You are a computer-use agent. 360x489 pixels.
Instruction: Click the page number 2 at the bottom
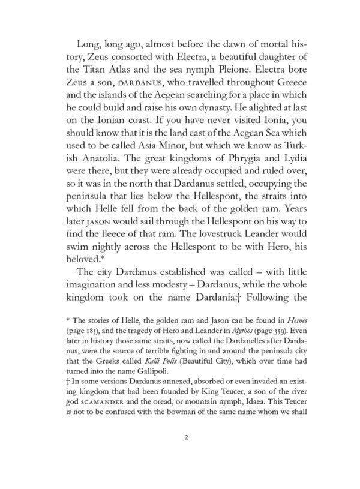pos(188,437)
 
